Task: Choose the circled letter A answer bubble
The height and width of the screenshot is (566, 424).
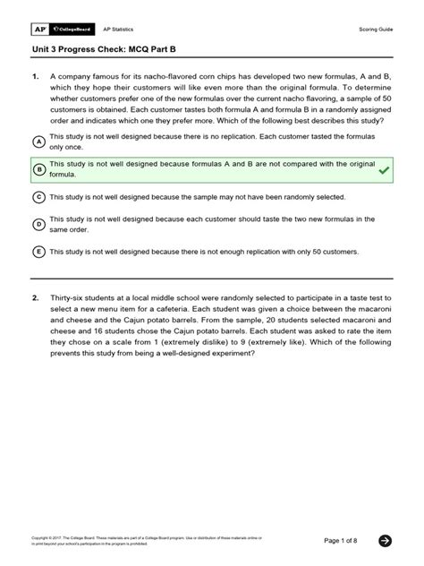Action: (38, 142)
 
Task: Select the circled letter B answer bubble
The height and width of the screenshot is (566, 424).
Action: (38, 169)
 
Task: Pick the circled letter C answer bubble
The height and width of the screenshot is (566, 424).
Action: (38, 196)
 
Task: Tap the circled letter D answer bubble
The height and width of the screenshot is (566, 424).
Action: (38, 224)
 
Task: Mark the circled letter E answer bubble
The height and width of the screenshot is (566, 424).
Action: (38, 252)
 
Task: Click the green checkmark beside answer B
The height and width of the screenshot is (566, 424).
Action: (384, 169)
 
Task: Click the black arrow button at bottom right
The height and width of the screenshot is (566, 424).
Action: (385, 540)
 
